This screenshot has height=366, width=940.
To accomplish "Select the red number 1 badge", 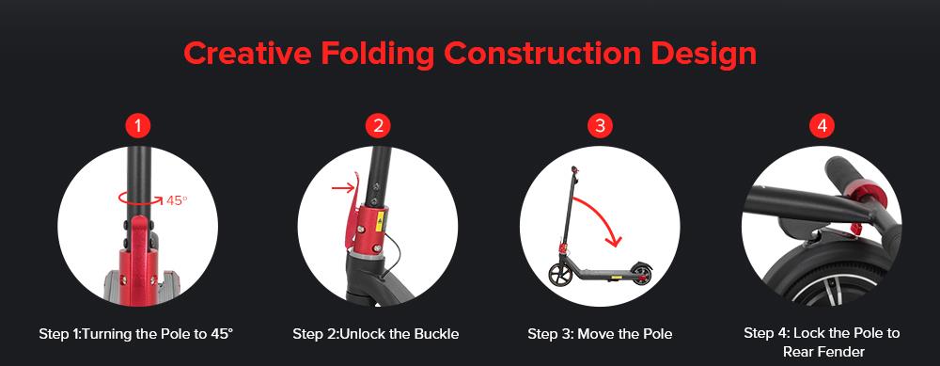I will pos(138,125).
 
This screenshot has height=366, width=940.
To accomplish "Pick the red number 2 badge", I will pos(377,125).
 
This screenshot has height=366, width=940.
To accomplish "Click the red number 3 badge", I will pos(600,125).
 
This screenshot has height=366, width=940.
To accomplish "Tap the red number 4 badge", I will pos(822,125).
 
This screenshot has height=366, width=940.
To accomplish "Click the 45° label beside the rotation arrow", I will pos(178,200).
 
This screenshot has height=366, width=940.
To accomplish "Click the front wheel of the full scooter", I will pos(560,274).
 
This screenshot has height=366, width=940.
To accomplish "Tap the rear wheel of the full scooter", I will pos(641,275).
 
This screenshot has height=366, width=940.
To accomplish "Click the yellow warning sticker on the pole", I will pos(380,223).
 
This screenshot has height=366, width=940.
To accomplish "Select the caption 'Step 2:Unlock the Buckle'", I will pos(375,334).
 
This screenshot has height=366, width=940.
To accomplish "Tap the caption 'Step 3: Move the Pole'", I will pos(600,334).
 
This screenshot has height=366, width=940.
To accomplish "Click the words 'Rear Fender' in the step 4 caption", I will pos(822,352).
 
